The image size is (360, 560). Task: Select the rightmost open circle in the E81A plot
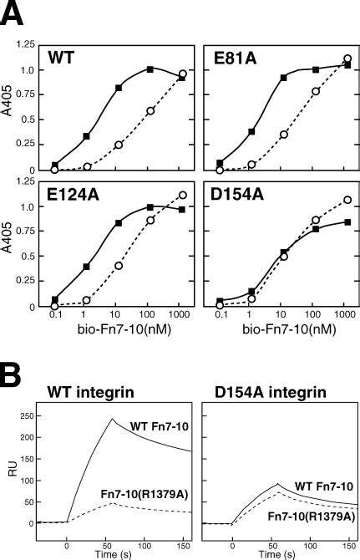(x=347, y=59)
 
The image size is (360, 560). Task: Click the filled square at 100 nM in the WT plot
(x=150, y=69)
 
